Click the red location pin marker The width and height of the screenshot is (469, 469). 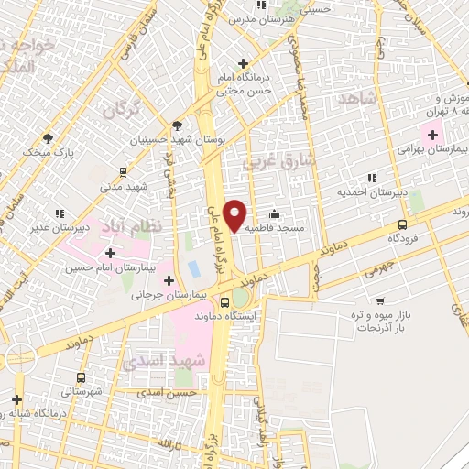(x=235, y=215)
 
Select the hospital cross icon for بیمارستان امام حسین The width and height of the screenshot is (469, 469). (x=111, y=253)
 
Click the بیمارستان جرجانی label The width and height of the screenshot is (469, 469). (x=169, y=295)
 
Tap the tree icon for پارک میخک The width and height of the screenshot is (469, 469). (x=48, y=138)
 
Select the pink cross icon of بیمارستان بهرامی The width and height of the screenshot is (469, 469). (x=432, y=135)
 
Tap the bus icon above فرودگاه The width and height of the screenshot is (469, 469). (x=402, y=224)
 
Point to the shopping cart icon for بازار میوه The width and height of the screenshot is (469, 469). (x=380, y=300)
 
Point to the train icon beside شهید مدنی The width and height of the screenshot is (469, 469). (x=124, y=171)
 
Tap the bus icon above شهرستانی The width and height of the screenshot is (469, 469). (x=82, y=377)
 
